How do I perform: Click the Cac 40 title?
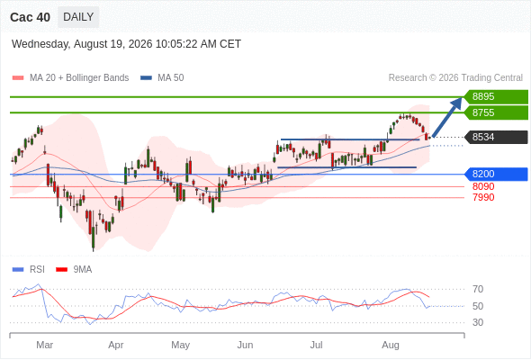point(30,17)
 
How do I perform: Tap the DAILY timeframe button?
point(78,17)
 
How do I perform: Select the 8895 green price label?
point(496,96)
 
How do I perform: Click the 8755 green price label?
point(496,112)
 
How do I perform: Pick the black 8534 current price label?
point(496,137)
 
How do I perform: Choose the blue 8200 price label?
point(496,174)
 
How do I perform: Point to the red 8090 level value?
point(483,186)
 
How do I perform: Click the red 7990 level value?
point(483,197)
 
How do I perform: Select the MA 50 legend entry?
point(162,78)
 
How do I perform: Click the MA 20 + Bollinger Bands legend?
point(70,78)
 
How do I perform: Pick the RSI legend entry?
point(29,270)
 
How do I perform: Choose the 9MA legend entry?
point(74,270)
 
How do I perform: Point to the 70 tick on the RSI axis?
point(478,289)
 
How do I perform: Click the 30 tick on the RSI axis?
point(478,322)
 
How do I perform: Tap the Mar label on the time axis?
point(45,345)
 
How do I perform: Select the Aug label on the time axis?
point(391,345)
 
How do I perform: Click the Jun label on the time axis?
point(245,345)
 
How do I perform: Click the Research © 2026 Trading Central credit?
point(455,78)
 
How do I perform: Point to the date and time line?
point(126,44)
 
